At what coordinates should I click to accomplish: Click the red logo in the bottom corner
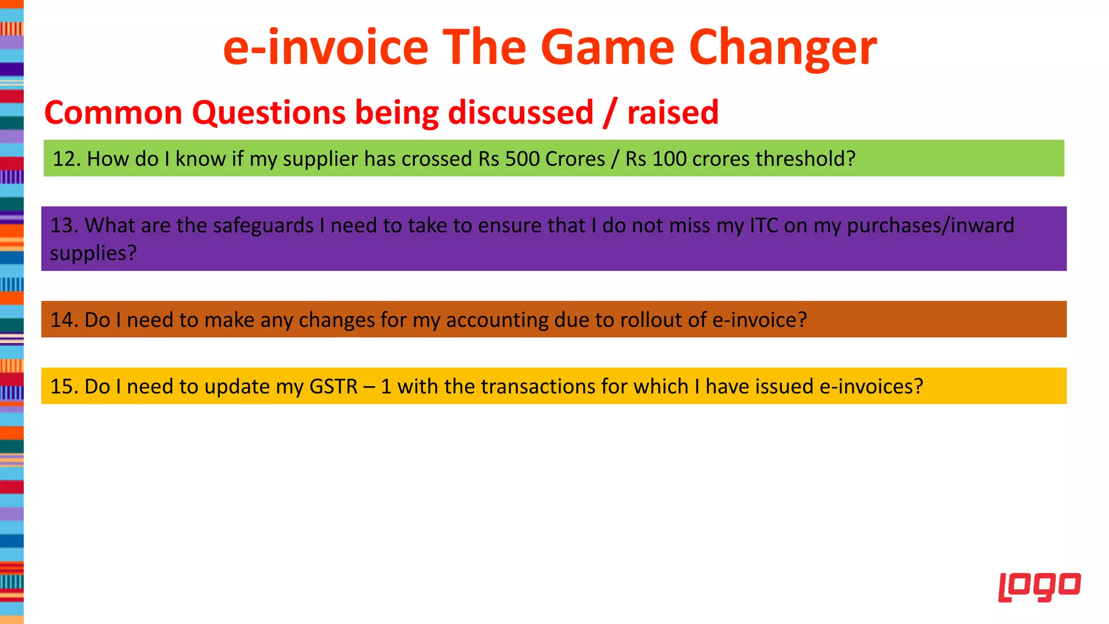[x=1039, y=587]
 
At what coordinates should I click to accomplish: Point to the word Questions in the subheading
[x=269, y=113]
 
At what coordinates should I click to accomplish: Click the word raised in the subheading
[x=673, y=113]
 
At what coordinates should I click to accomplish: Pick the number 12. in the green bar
[x=66, y=159]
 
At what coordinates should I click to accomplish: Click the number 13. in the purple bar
[x=64, y=225]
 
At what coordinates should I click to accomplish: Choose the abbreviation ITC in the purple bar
[x=764, y=225]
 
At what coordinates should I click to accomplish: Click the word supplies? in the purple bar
[x=93, y=253]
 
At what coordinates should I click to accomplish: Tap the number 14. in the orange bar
[x=64, y=320]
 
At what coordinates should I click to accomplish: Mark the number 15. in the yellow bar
[x=64, y=386]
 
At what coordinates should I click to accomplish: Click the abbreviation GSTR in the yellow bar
[x=333, y=386]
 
